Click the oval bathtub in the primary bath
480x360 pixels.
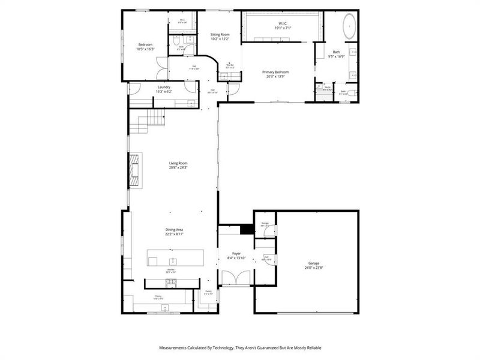click(x=349, y=28)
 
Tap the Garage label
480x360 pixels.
click(x=314, y=263)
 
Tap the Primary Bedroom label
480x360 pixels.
click(x=276, y=72)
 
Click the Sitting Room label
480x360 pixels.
click(x=220, y=35)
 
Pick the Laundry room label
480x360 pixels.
click(x=164, y=87)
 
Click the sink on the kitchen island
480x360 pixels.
click(x=173, y=261)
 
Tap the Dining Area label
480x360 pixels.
click(x=174, y=230)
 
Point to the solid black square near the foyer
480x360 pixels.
click(x=245, y=230)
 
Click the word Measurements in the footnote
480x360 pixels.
click(x=176, y=348)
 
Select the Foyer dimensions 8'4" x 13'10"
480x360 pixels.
click(x=236, y=257)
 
